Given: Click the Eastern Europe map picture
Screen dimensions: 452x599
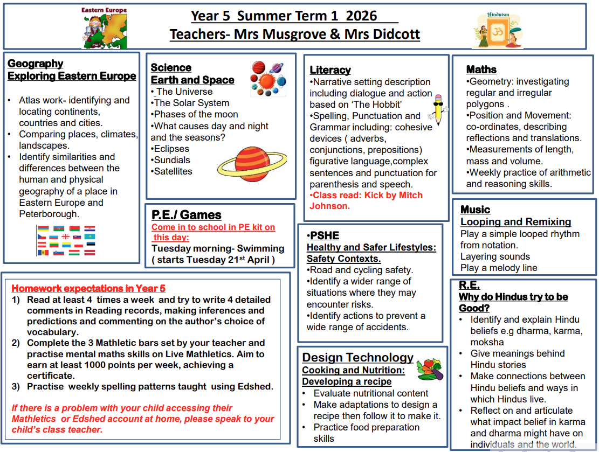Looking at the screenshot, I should (x=104, y=28).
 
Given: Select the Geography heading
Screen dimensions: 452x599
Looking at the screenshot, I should (x=35, y=64).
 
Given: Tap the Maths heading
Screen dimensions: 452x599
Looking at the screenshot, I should (x=481, y=69).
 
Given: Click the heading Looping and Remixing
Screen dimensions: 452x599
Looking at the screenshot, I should (x=515, y=222).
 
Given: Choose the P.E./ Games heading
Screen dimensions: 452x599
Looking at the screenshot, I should (x=186, y=214).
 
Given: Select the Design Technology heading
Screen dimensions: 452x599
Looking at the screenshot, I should (x=357, y=357).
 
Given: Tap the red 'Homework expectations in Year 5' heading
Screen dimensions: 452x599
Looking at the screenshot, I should (x=88, y=288).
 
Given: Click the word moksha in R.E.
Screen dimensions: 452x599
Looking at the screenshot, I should (x=487, y=342).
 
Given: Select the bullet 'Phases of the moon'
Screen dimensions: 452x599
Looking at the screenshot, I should (x=196, y=114).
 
